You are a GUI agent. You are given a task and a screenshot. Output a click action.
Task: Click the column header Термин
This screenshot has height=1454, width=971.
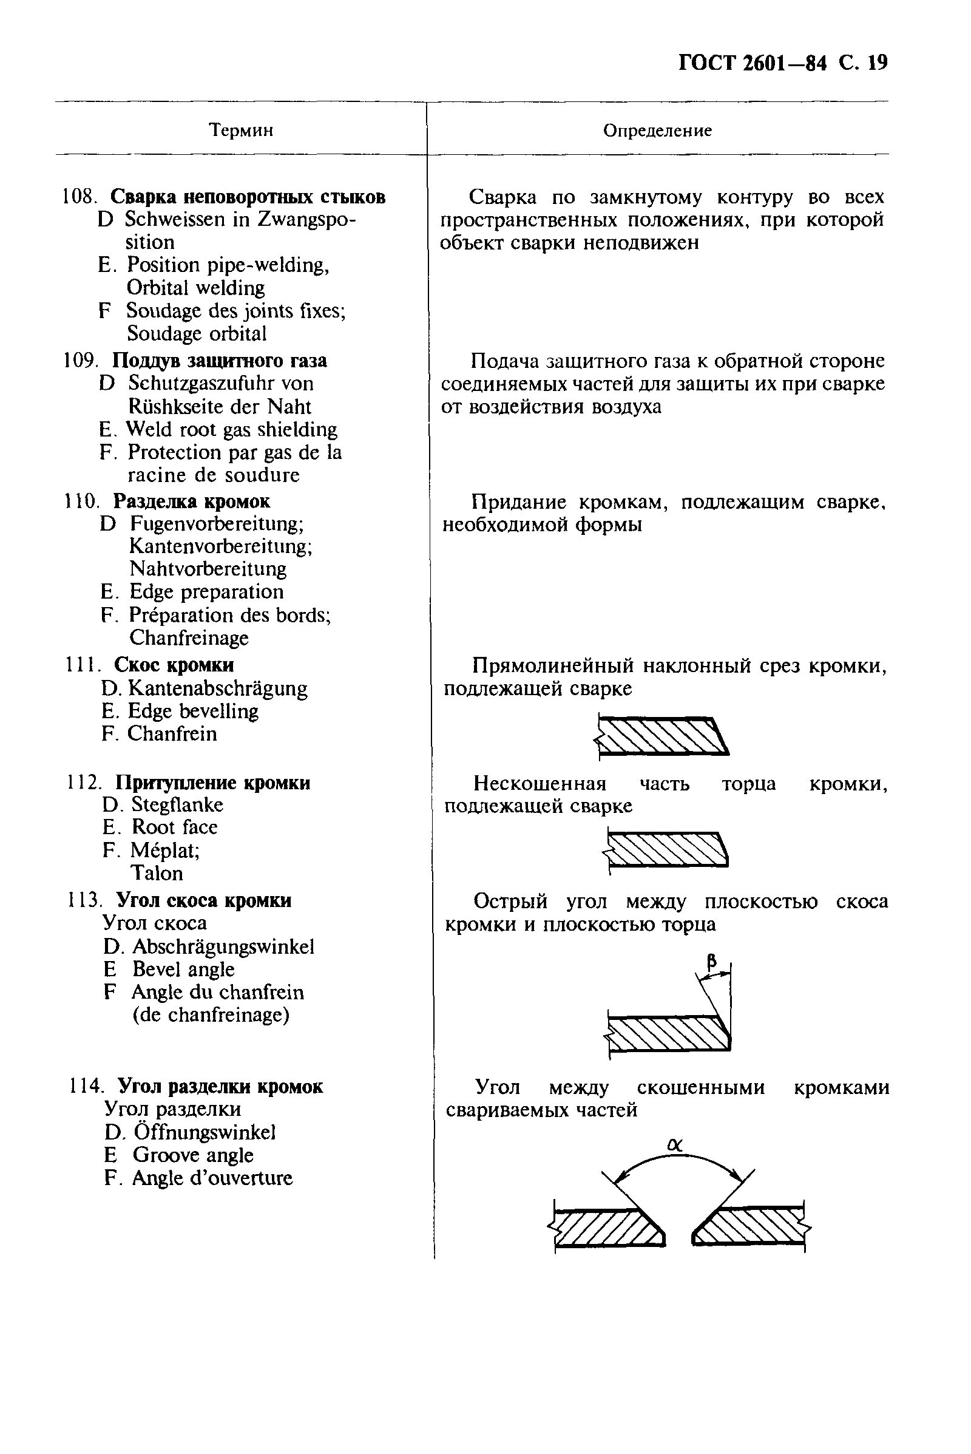[x=241, y=130]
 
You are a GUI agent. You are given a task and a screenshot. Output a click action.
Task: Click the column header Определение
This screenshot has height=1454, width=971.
[x=657, y=130]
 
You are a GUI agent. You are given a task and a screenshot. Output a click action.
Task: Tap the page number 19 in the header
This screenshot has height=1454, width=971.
[x=878, y=63]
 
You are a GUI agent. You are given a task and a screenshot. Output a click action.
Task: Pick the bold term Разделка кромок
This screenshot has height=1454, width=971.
[x=192, y=501]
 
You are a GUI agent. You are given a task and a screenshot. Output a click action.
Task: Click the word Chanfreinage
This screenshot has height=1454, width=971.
[x=189, y=637]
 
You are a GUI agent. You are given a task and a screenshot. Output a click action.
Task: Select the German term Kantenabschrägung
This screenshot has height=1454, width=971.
[x=217, y=688]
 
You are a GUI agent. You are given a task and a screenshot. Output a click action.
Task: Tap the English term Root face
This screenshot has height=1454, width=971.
[x=175, y=827]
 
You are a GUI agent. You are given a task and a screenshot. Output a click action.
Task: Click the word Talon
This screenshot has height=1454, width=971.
[x=157, y=873]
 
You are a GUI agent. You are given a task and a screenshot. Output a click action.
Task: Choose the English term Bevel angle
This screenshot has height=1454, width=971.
[x=183, y=969]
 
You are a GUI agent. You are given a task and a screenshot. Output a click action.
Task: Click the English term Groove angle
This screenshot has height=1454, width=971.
[x=192, y=1155]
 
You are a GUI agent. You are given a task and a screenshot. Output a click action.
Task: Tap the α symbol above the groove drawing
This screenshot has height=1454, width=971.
[x=675, y=1146]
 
